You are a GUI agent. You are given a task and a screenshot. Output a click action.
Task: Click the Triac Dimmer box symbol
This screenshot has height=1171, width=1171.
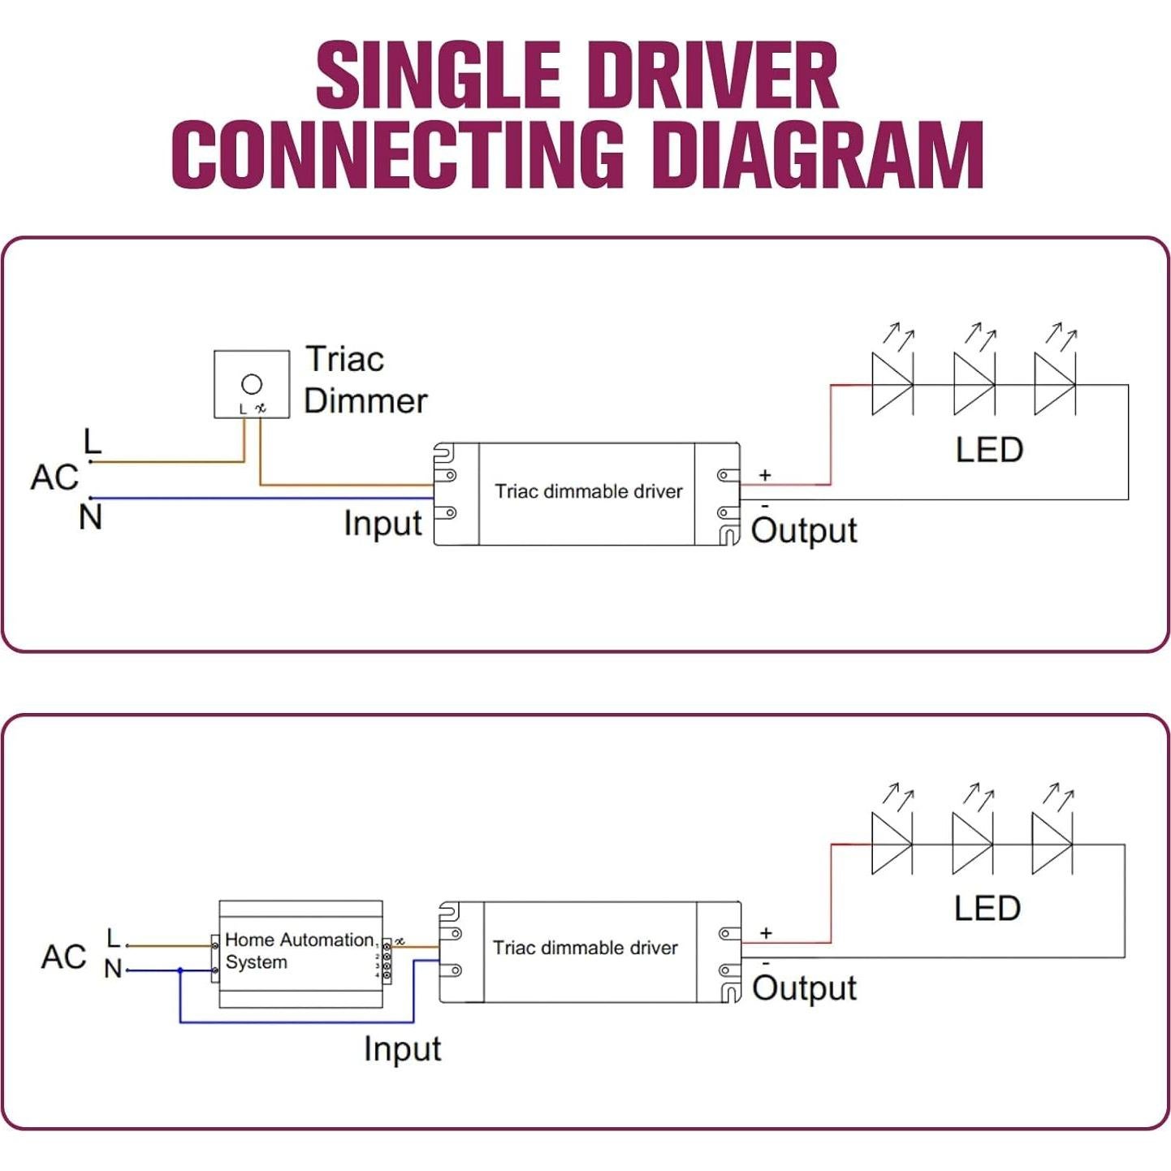pos(252,384)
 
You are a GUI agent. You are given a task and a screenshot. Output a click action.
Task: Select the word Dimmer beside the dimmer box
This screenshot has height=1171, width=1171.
pos(365,401)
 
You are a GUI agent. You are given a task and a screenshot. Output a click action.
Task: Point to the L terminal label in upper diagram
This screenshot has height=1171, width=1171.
pos(93,443)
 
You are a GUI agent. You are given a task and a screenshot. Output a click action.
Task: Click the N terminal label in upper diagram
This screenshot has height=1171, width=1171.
pos(91,517)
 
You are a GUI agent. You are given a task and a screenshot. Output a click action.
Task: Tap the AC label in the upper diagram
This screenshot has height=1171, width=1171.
pos(54,477)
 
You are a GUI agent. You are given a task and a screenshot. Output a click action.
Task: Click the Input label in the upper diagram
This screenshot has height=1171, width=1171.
pos(382,524)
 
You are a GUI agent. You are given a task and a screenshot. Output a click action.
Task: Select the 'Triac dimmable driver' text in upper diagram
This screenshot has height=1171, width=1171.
pos(589,491)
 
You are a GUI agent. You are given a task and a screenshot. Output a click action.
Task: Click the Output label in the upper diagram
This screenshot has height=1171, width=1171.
pos(804,531)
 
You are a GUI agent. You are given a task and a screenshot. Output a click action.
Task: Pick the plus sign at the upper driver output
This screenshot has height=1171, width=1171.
pos(765,475)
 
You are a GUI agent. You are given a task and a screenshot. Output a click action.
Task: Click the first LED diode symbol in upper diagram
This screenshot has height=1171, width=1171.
pos(892,385)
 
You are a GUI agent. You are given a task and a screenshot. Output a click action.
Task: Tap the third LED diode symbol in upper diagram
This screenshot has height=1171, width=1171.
pos(1054,385)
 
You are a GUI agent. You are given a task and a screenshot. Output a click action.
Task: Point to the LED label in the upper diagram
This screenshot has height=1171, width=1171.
pos(989,450)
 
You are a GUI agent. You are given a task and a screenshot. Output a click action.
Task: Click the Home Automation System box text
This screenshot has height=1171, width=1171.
pos(299,951)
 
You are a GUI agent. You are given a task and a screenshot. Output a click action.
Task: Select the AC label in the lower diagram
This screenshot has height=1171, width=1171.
pos(63,957)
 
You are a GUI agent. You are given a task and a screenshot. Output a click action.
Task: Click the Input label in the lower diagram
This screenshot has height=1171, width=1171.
pos(402,1049)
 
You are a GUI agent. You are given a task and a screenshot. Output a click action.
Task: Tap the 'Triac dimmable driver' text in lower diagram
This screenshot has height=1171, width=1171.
pos(585,948)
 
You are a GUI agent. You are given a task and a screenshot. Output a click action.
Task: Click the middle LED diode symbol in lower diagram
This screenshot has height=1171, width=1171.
pos(971,845)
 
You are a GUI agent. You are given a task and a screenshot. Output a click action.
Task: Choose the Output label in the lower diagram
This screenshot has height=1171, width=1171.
pos(804,988)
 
